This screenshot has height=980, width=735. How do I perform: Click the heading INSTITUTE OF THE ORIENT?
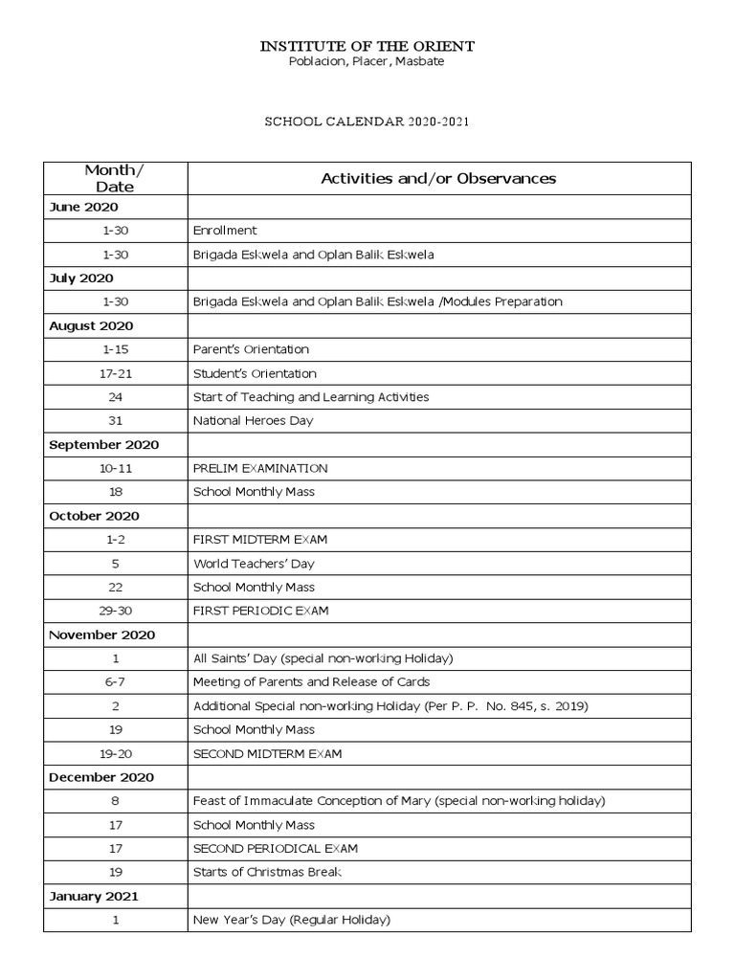click(x=367, y=46)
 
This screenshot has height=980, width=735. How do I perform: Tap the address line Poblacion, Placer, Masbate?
click(x=367, y=62)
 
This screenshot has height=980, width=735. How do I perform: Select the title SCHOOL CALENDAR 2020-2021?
click(x=367, y=123)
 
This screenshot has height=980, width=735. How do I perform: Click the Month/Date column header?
click(x=115, y=178)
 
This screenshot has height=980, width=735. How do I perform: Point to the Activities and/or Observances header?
click(x=438, y=178)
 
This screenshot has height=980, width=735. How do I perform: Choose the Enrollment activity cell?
click(x=225, y=231)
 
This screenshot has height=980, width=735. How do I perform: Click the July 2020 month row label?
click(x=81, y=278)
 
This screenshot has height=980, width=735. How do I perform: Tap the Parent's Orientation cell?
click(x=251, y=349)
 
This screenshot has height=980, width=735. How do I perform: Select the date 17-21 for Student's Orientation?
click(x=115, y=373)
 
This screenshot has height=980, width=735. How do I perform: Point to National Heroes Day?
click(x=253, y=421)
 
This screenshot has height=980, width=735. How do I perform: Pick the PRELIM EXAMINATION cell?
click(x=260, y=468)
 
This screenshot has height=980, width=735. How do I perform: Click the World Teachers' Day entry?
click(x=254, y=564)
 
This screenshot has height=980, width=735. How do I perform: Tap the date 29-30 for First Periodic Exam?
click(x=115, y=611)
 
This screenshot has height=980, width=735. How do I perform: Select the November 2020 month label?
click(x=101, y=635)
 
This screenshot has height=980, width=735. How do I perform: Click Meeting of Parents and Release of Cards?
click(x=311, y=682)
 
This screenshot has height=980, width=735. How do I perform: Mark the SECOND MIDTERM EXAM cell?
click(x=267, y=753)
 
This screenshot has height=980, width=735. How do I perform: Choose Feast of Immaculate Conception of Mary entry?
click(x=399, y=801)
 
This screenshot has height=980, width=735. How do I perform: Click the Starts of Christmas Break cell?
click(x=267, y=872)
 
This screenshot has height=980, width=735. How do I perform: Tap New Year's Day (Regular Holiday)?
click(x=292, y=920)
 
